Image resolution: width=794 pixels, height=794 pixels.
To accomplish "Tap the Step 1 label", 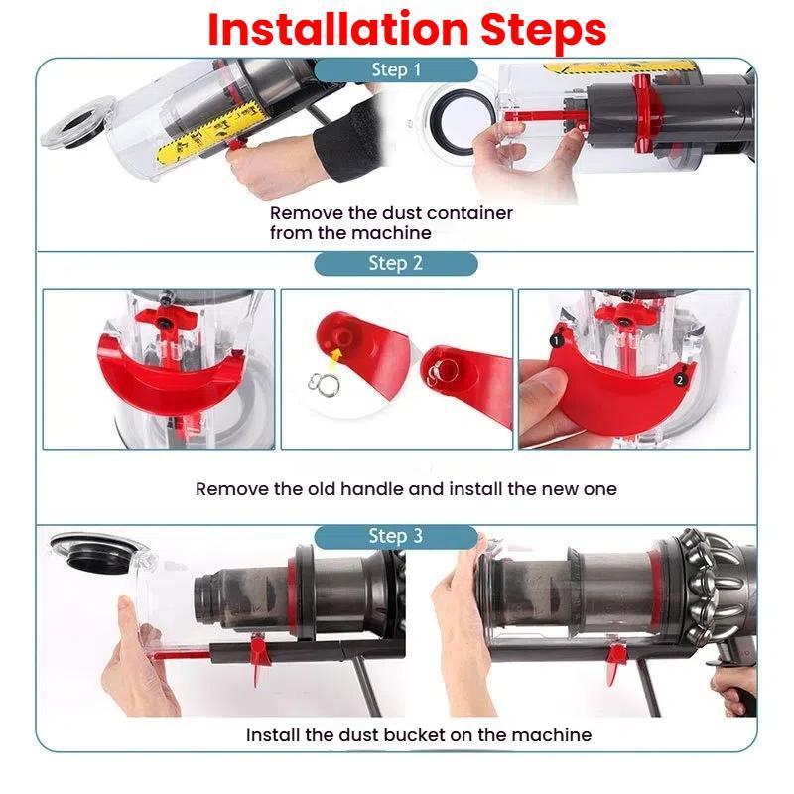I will (396, 70).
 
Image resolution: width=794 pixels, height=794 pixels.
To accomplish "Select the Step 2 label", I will (396, 263).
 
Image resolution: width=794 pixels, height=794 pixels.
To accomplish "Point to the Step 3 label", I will (396, 536).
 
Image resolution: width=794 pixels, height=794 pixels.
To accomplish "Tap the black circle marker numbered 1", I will (557, 339).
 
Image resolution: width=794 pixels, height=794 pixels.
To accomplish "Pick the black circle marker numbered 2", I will (679, 379).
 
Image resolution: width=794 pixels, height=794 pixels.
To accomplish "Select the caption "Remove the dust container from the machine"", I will (391, 223).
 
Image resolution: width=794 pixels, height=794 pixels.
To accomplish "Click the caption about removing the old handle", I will (406, 488).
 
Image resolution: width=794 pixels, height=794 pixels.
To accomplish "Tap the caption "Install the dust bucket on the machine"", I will (419, 735).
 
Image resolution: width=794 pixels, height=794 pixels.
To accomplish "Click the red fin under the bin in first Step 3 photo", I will (261, 656).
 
